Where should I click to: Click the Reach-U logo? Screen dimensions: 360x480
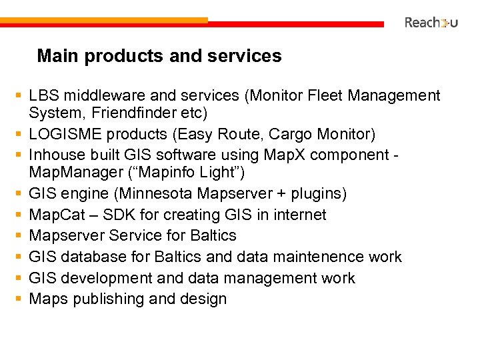pyautogui.click(x=431, y=23)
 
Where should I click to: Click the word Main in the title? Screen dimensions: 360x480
pyautogui.click(x=53, y=56)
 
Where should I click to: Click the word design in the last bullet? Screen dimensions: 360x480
pyautogui.click(x=203, y=299)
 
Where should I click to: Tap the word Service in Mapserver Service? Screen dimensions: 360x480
pyautogui.click(x=129, y=235)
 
